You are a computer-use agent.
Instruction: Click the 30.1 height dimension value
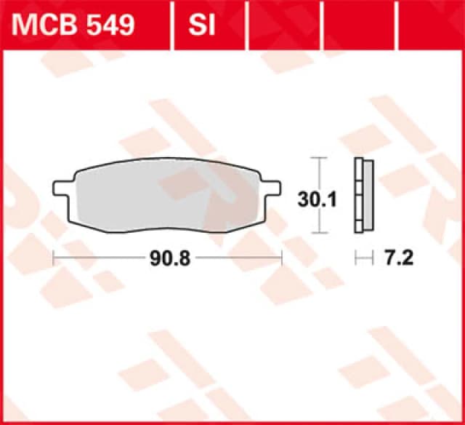coord(318,199)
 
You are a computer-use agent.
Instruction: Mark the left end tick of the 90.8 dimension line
coord(54,258)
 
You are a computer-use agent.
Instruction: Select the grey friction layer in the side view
coord(368,195)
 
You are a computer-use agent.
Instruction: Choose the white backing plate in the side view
coord(357,195)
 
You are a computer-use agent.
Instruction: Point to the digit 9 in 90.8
coord(154,258)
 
